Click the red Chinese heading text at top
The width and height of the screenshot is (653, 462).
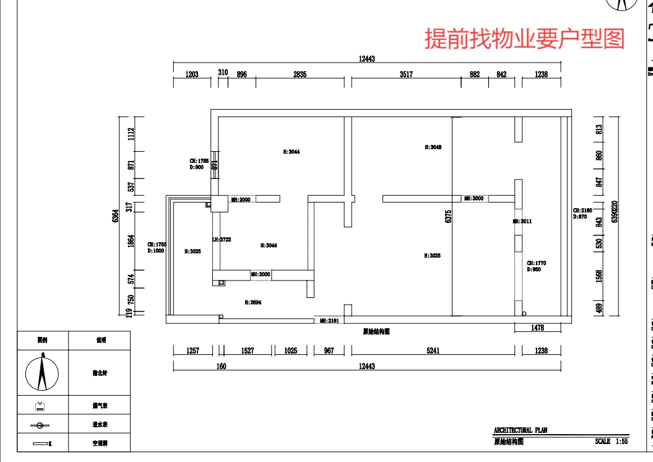tap(524, 38)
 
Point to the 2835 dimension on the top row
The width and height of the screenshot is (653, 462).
tap(300, 74)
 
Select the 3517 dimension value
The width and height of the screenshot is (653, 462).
tap(406, 74)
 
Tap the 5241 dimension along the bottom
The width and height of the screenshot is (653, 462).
tap(433, 351)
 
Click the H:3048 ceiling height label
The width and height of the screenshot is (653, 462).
tap(433, 147)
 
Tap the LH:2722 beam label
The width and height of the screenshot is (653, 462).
tap(222, 240)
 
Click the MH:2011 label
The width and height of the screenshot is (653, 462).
tap(522, 221)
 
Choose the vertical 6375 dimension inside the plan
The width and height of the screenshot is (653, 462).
tap(449, 216)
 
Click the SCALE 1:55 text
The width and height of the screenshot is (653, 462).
tap(611, 442)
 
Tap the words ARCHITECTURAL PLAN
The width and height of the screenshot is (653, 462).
tap(521, 430)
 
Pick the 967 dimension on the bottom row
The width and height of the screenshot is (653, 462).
tap(329, 351)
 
